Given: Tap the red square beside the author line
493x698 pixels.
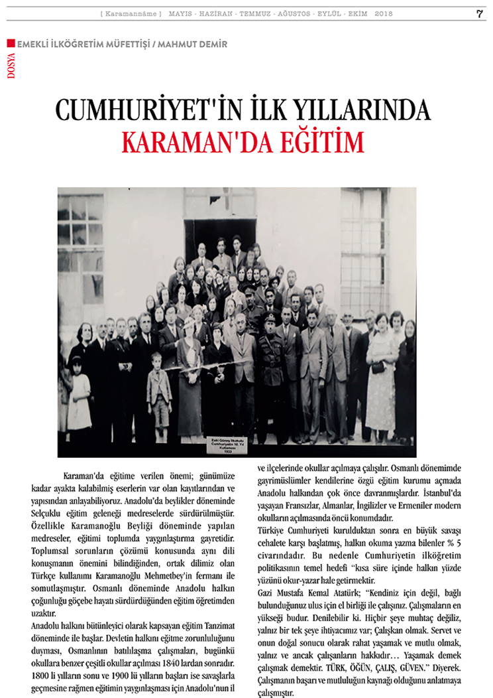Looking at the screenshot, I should pyautogui.click(x=10, y=43).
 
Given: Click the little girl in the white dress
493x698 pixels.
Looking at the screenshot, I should pyautogui.click(x=79, y=394).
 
